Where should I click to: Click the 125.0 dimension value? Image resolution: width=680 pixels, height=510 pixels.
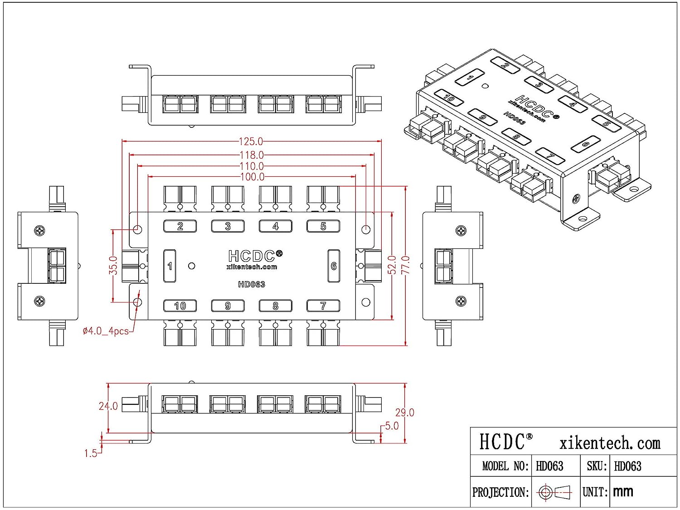pyautogui.click(x=251, y=141)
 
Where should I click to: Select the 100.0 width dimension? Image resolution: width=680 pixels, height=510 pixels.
pyautogui.click(x=252, y=177)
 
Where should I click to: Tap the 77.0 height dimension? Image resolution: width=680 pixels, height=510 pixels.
pyautogui.click(x=406, y=265)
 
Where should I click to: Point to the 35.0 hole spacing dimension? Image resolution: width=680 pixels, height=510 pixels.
pyautogui.click(x=113, y=265)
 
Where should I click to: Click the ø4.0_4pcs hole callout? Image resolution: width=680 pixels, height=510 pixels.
pyautogui.click(x=106, y=331)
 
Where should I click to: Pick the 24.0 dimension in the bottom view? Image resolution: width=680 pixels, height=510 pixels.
pyautogui.click(x=108, y=406)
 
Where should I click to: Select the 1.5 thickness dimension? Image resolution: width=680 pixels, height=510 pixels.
pyautogui.click(x=91, y=453)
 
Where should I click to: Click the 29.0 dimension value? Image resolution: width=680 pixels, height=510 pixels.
pyautogui.click(x=404, y=413)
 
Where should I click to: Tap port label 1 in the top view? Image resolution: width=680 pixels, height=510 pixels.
pyautogui.click(x=170, y=266)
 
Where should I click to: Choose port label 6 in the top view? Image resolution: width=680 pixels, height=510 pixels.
pyautogui.click(x=334, y=266)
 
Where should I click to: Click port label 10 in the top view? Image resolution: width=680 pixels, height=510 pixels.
pyautogui.click(x=180, y=306)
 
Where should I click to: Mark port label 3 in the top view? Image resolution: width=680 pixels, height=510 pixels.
pyautogui.click(x=228, y=226)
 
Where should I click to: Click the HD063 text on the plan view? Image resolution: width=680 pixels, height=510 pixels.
pyautogui.click(x=251, y=285)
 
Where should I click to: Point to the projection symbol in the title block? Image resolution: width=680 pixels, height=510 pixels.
pyautogui.click(x=554, y=492)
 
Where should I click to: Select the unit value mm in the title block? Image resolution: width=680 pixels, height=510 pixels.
pyautogui.click(x=623, y=492)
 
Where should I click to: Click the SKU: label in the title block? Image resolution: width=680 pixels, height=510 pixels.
pyautogui.click(x=597, y=466)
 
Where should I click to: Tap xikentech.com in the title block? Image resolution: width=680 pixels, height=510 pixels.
pyautogui.click(x=610, y=443)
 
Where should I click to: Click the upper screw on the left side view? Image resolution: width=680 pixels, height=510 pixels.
pyautogui.click(x=40, y=231)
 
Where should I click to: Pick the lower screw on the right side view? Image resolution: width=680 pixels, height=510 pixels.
pyautogui.click(x=461, y=301)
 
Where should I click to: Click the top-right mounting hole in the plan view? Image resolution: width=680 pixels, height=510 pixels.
pyautogui.click(x=366, y=229)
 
